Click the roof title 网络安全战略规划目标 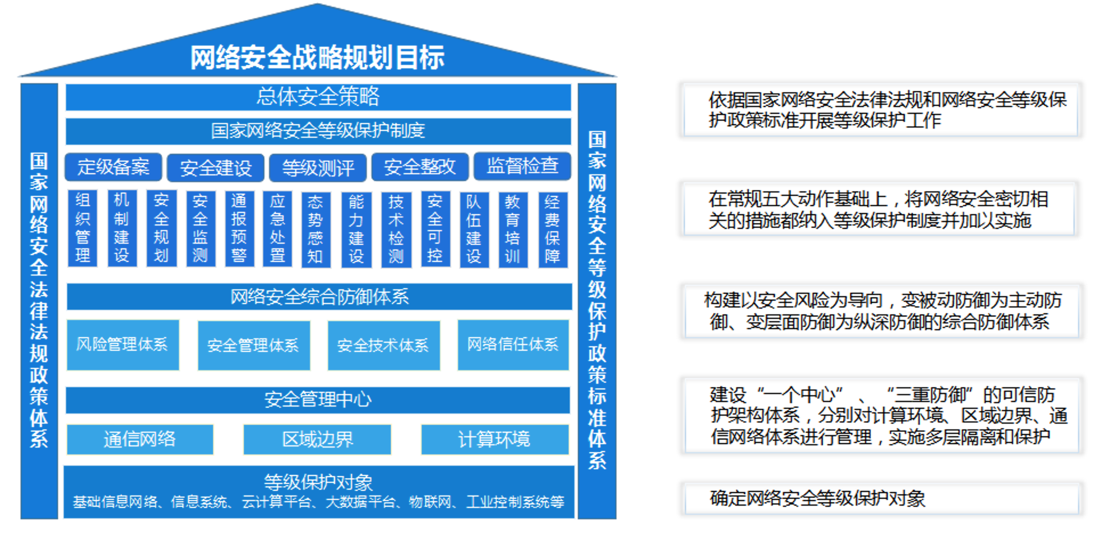pyautogui.click(x=317, y=58)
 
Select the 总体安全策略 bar pyautogui.click(x=318, y=97)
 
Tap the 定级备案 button pyautogui.click(x=113, y=167)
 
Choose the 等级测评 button pyautogui.click(x=318, y=167)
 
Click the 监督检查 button pyautogui.click(x=523, y=166)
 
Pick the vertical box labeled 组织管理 pyautogui.click(x=83, y=228)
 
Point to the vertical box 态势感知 pyautogui.click(x=315, y=229)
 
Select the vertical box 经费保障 pyautogui.click(x=553, y=229)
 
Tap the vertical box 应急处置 pyautogui.click(x=277, y=228)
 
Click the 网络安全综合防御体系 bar pyautogui.click(x=319, y=297)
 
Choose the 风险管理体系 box pyautogui.click(x=123, y=345)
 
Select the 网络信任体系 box pyautogui.click(x=513, y=345)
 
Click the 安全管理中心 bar pyautogui.click(x=318, y=400)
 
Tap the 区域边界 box pyautogui.click(x=317, y=439)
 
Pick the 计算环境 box pyautogui.click(x=495, y=439)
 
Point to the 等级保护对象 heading pyautogui.click(x=318, y=483)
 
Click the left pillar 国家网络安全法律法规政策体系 pyautogui.click(x=39, y=301)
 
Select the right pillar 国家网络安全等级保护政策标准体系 pyautogui.click(x=597, y=301)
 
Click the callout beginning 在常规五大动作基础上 pyautogui.click(x=878, y=209)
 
